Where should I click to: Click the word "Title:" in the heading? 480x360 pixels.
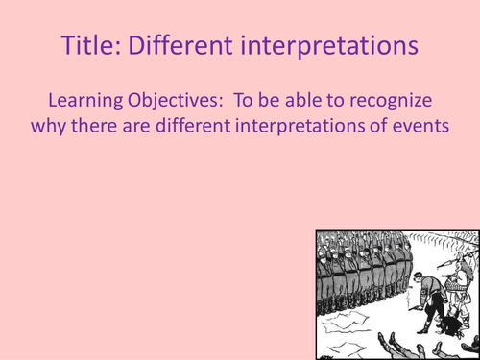(x=91, y=44)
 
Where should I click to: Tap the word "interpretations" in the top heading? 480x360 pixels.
(x=333, y=44)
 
